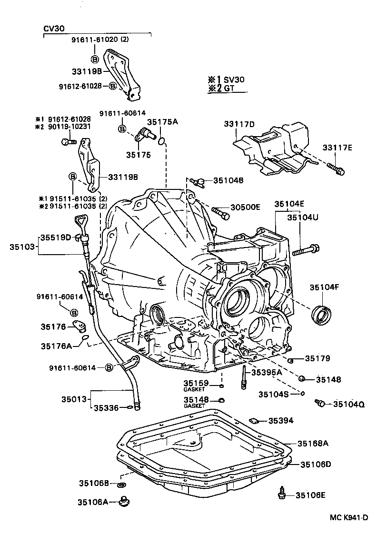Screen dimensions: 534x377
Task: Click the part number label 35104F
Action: pyautogui.click(x=324, y=287)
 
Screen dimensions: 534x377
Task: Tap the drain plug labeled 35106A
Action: pyautogui.click(x=126, y=501)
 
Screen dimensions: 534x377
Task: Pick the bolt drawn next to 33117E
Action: pyautogui.click(x=336, y=168)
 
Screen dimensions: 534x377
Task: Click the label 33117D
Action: pyautogui.click(x=239, y=125)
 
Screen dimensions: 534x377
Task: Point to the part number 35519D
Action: pyautogui.click(x=55, y=237)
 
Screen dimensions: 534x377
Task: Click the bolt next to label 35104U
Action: pyautogui.click(x=306, y=249)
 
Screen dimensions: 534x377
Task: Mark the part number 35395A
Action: pyautogui.click(x=267, y=372)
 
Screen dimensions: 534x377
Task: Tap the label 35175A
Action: pyautogui.click(x=162, y=122)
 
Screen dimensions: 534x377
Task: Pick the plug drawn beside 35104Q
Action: pyautogui.click(x=321, y=404)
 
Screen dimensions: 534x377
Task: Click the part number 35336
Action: pyautogui.click(x=106, y=407)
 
